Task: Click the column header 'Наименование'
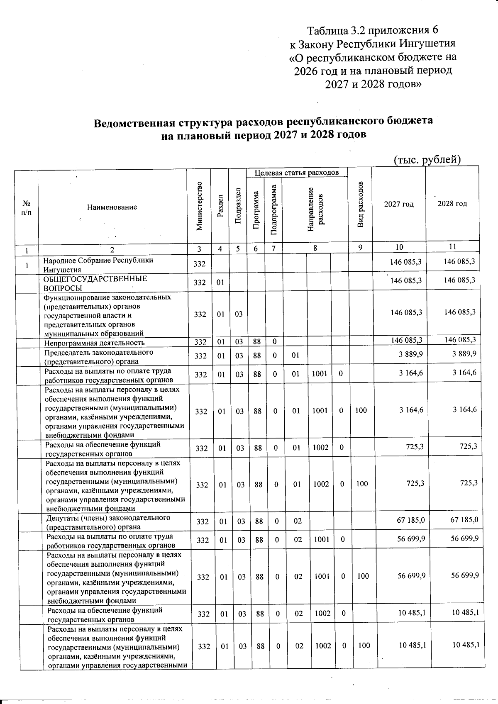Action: pos(112,207)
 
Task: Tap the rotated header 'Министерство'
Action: pos(200,206)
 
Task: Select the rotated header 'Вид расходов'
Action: pos(361,205)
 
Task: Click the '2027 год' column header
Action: pos(398,204)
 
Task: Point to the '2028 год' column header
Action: pos(452,204)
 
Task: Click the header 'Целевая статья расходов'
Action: pos(296,173)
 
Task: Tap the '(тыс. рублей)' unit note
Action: pos(427,160)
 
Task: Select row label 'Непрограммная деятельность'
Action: pos(95,343)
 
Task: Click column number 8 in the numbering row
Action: pos(315,248)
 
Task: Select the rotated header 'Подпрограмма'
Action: pos(273,209)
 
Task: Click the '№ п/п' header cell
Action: pos(26,207)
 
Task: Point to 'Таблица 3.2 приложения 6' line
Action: pos(372,30)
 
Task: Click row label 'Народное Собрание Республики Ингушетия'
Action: pos(98,265)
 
